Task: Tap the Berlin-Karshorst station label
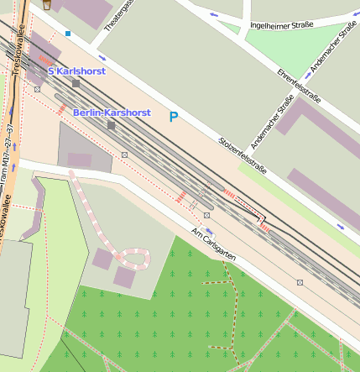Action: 111,112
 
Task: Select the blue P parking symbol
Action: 174,117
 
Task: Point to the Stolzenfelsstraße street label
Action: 242,155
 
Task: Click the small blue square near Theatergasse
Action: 67,34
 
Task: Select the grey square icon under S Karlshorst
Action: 76,83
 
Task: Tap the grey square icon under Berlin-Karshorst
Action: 111,125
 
